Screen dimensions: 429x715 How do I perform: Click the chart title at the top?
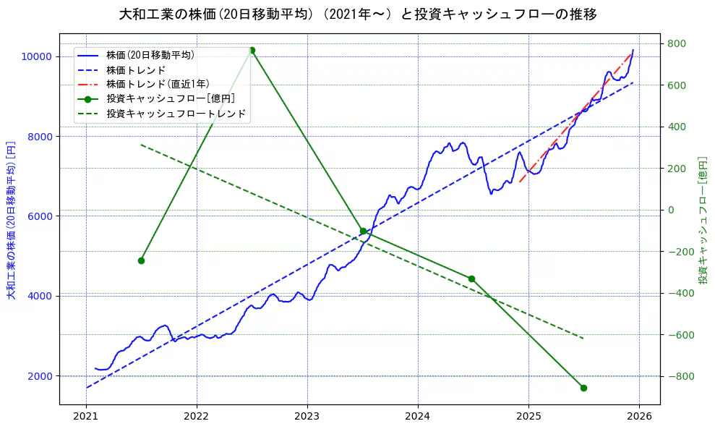357,14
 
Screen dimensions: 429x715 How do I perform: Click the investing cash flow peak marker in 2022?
252,50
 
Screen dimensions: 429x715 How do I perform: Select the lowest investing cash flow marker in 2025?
583,388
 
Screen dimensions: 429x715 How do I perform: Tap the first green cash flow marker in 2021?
141,260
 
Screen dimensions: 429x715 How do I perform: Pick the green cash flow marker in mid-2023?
363,231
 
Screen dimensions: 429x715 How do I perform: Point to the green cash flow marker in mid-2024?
471,279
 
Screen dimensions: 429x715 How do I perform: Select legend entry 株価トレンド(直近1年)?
155,84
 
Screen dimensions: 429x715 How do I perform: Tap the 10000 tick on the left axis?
36,56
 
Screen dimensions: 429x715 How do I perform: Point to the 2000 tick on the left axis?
39,376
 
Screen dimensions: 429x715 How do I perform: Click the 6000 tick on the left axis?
39,216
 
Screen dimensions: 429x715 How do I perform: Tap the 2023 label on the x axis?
307,417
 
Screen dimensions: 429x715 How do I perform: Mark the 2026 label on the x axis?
639,417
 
